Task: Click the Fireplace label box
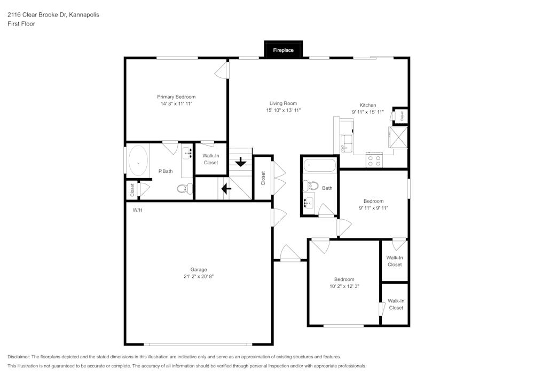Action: (x=283, y=50)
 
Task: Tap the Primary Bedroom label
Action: (x=176, y=97)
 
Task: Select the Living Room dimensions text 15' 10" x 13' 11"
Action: (x=283, y=110)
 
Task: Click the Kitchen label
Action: (x=367, y=105)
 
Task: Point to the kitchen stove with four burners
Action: (x=374, y=159)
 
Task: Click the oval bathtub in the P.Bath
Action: (x=138, y=162)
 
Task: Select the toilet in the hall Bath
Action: (x=311, y=186)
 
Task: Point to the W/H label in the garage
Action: (x=138, y=210)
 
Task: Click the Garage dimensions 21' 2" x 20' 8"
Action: (x=198, y=277)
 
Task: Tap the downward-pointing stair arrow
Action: (x=241, y=161)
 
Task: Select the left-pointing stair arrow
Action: (x=226, y=188)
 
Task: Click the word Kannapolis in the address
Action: (x=84, y=15)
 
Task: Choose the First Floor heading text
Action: (x=21, y=24)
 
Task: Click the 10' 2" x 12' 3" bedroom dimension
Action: (x=344, y=286)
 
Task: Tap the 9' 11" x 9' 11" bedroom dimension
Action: (x=373, y=208)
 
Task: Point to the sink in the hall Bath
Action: (x=309, y=203)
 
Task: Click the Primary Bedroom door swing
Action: (x=221, y=71)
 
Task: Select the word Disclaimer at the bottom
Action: (x=19, y=357)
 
